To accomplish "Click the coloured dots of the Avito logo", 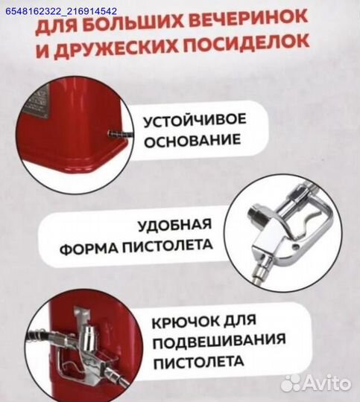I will [x=291, y=383].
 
